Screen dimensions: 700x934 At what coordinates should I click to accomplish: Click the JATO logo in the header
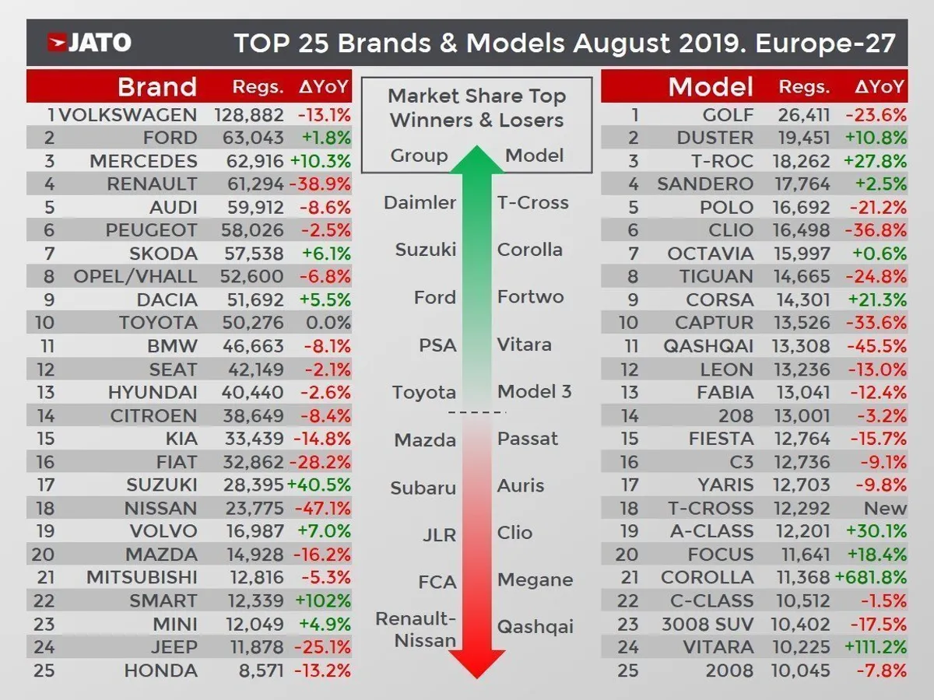tap(90, 42)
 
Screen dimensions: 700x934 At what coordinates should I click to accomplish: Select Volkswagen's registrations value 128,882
tap(248, 115)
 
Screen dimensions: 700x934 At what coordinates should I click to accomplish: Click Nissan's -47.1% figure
tap(324, 509)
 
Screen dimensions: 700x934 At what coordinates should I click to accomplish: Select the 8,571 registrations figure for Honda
tap(259, 670)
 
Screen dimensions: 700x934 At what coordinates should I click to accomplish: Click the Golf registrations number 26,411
tap(805, 115)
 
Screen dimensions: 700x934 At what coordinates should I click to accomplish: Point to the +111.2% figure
tap(873, 647)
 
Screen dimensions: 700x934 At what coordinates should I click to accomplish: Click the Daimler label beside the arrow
tap(420, 203)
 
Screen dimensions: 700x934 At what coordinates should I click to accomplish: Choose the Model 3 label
tap(535, 391)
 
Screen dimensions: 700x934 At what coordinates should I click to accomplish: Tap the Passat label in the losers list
tap(528, 439)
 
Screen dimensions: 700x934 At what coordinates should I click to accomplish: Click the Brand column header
tap(156, 86)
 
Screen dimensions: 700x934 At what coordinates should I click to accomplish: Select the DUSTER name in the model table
tap(715, 138)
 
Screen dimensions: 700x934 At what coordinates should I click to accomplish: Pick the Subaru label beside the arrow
tap(423, 488)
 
